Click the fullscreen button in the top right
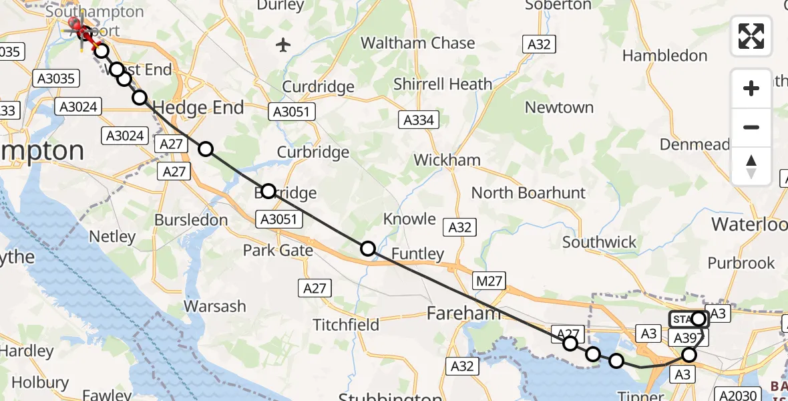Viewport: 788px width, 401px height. pyautogui.click(x=751, y=36)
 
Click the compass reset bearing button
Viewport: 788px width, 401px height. pyautogui.click(x=751, y=166)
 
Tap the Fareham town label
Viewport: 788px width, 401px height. pyautogui.click(x=463, y=313)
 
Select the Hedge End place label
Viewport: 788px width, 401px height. pyautogui.click(x=198, y=107)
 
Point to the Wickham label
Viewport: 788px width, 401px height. pyautogui.click(x=447, y=160)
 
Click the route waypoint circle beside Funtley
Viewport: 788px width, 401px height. pyautogui.click(x=368, y=249)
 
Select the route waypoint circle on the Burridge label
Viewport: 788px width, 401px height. pyautogui.click(x=268, y=191)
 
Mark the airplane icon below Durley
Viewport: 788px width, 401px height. pyautogui.click(x=284, y=45)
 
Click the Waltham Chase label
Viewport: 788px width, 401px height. pyautogui.click(x=417, y=43)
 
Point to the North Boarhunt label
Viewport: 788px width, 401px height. pyautogui.click(x=528, y=193)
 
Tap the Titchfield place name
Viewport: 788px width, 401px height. pyautogui.click(x=347, y=325)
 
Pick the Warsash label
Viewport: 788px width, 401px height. pyautogui.click(x=215, y=307)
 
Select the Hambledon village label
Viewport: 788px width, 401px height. pyautogui.click(x=664, y=55)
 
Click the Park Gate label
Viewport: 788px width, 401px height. pyautogui.click(x=278, y=251)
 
